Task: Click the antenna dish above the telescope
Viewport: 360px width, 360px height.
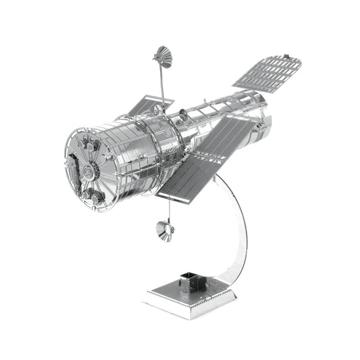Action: tap(162, 55)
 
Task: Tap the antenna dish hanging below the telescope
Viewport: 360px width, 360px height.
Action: tap(164, 230)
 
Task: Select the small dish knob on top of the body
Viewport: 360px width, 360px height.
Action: tap(180, 109)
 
